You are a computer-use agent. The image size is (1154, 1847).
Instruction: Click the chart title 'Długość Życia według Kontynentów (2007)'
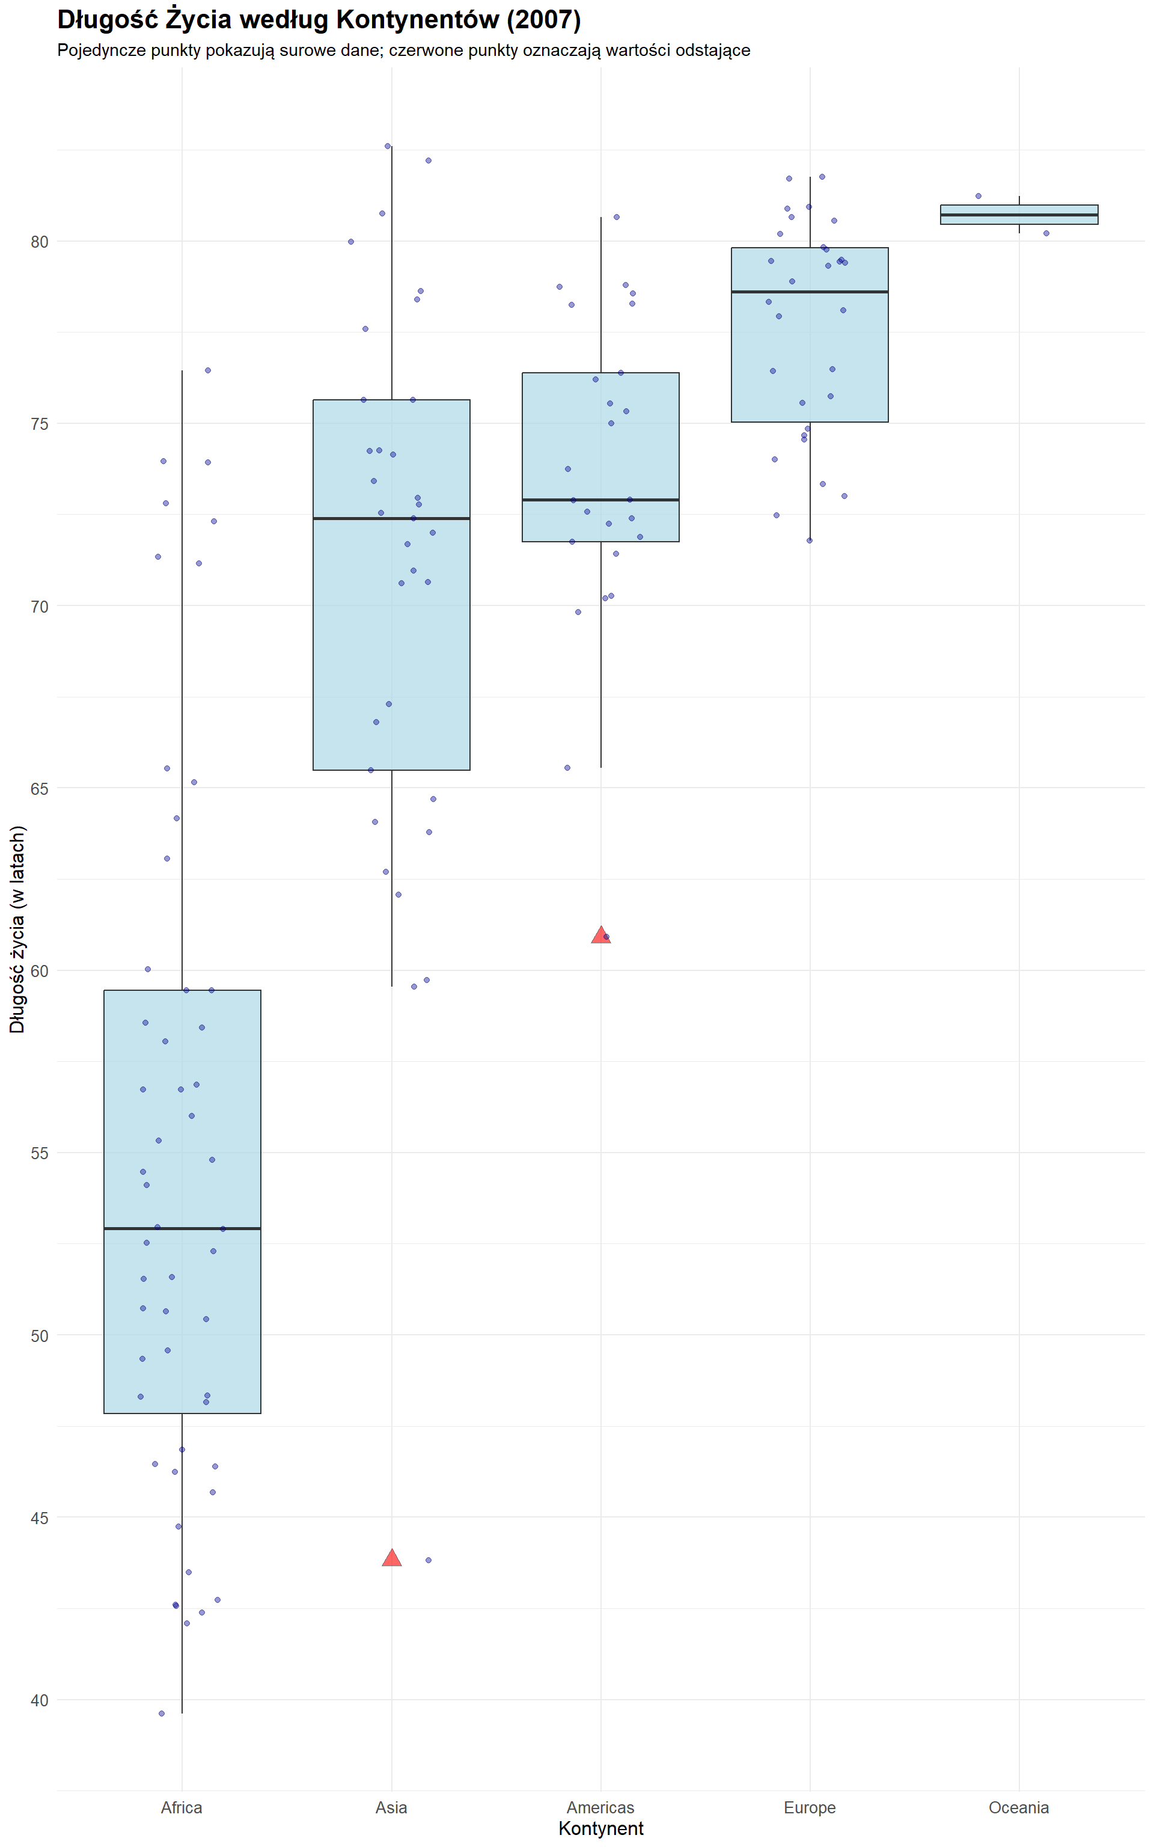[319, 20]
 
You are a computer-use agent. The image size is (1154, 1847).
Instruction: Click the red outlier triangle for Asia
[391, 1558]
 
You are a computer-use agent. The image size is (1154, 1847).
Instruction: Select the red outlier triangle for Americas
[600, 935]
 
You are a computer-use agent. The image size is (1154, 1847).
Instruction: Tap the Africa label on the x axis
[182, 1807]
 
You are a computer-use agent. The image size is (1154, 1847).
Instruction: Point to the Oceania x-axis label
[1018, 1807]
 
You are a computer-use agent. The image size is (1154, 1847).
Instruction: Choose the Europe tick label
[809, 1807]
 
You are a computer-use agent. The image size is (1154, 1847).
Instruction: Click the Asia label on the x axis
[391, 1807]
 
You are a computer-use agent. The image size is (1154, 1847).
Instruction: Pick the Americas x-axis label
[600, 1807]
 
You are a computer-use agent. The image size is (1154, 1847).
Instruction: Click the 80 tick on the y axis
[39, 242]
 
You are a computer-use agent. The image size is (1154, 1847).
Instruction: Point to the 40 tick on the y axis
[39, 1700]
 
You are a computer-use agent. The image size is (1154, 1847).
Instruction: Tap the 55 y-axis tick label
[39, 1153]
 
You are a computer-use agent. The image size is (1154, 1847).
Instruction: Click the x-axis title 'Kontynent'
[600, 1829]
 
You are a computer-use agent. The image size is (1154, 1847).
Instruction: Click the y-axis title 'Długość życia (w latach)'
[17, 929]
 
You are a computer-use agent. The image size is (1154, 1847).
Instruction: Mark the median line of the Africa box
[182, 1229]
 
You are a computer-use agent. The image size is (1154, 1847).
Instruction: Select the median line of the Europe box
[810, 292]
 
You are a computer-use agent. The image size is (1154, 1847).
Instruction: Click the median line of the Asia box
[391, 518]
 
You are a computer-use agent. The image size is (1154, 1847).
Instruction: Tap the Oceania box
[1019, 215]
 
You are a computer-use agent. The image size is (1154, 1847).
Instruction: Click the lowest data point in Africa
[162, 1714]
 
